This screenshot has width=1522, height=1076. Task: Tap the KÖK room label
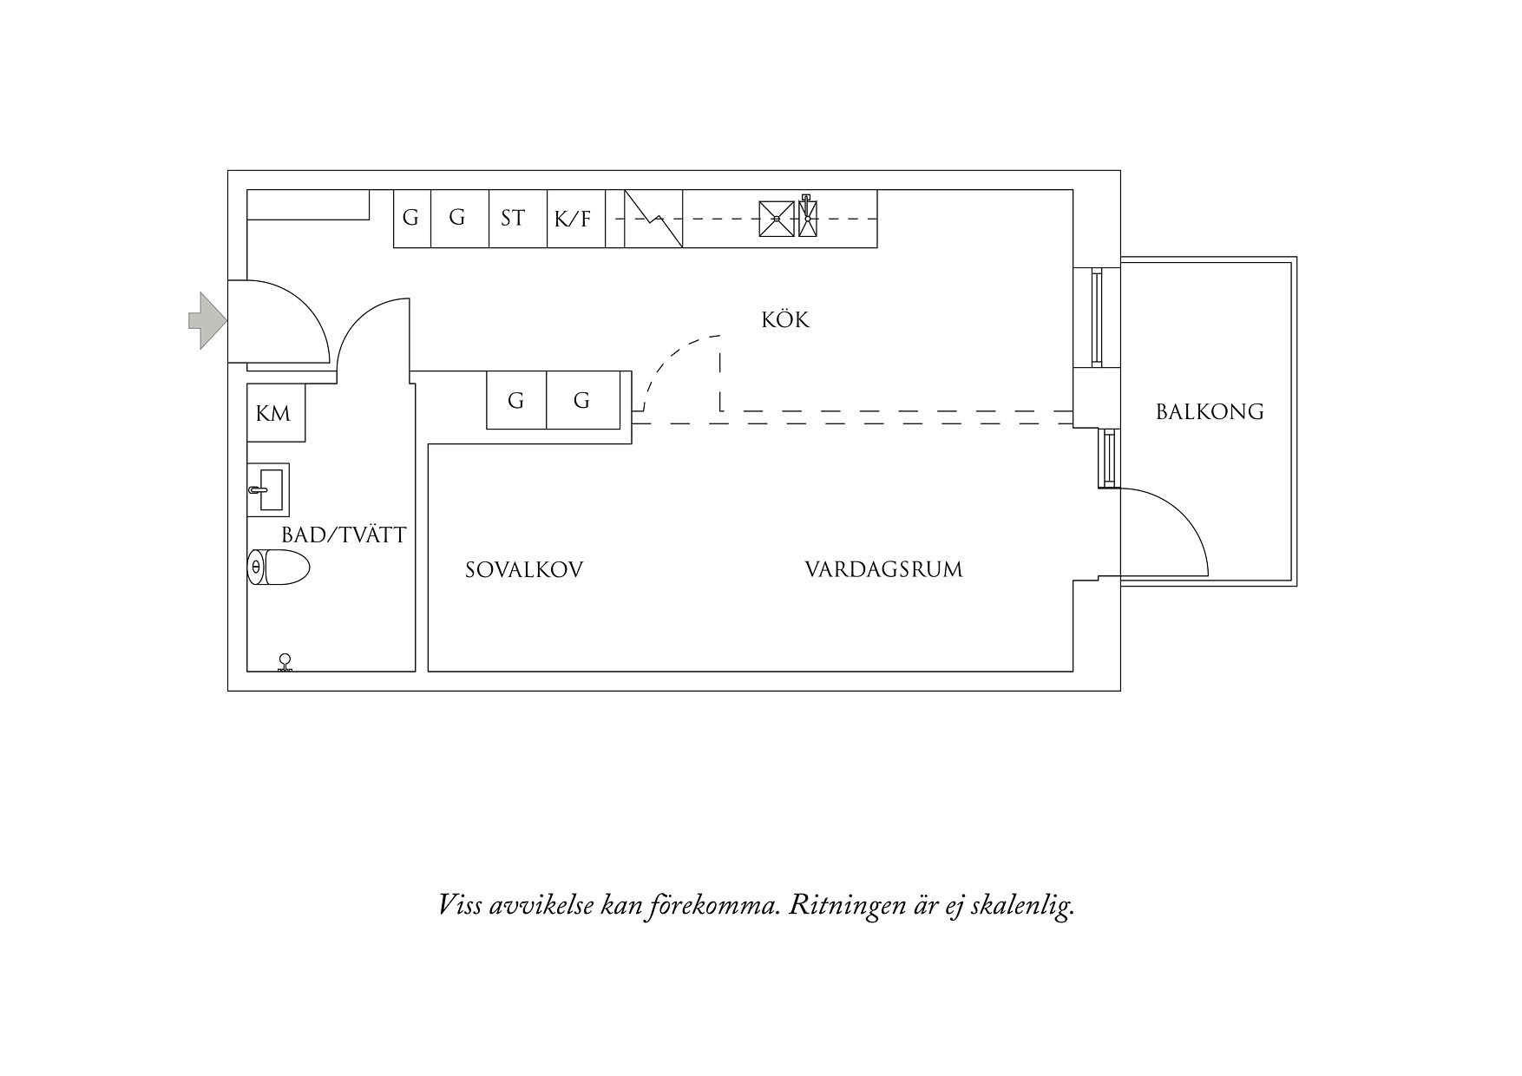[785, 320]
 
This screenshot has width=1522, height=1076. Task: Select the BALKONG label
[1210, 411]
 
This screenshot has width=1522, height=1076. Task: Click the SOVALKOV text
[524, 570]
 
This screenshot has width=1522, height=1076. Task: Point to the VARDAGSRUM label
[883, 570]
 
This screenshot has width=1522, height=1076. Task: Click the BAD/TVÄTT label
[344, 535]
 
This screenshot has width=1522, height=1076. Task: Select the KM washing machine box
[275, 413]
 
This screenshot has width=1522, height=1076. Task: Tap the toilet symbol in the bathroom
[279, 568]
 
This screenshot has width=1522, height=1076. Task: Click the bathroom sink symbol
[268, 490]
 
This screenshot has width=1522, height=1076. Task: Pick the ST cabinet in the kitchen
[513, 218]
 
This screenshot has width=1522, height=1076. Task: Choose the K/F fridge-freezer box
[573, 219]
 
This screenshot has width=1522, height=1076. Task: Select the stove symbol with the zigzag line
[653, 219]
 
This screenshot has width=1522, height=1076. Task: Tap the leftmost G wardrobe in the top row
[411, 218]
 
